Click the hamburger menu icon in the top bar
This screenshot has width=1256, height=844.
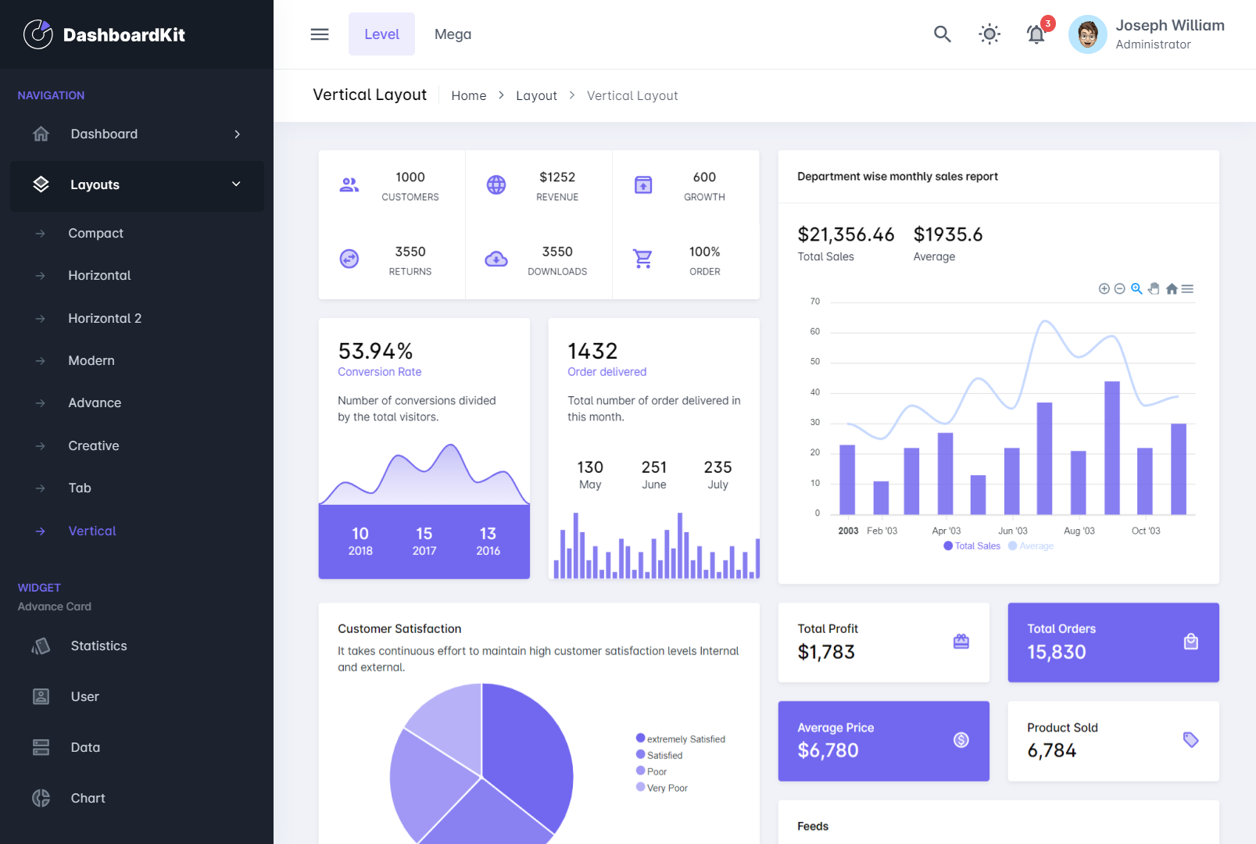[320, 34]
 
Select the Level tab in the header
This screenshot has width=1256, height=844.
[381, 34]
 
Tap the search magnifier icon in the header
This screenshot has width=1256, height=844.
[942, 34]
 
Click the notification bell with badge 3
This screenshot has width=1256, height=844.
[1036, 34]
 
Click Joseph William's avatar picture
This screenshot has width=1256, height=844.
[1087, 34]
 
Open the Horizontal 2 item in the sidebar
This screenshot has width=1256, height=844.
[105, 318]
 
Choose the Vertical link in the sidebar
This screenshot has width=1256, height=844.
[92, 531]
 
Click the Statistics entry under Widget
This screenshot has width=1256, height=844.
[98, 646]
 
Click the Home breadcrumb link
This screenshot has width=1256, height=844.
[469, 95]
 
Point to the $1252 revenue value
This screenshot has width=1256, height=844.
[557, 177]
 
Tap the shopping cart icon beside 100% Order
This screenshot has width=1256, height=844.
[642, 259]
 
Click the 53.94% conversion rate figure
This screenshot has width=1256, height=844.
[375, 351]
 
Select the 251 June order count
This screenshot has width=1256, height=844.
[654, 467]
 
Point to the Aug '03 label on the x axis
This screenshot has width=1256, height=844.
[1079, 531]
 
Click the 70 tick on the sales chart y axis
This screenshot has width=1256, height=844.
[815, 302]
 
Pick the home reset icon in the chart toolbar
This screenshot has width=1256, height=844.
[1171, 289]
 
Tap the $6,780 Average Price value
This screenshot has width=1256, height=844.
[828, 750]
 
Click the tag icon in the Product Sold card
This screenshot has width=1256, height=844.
[1190, 739]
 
